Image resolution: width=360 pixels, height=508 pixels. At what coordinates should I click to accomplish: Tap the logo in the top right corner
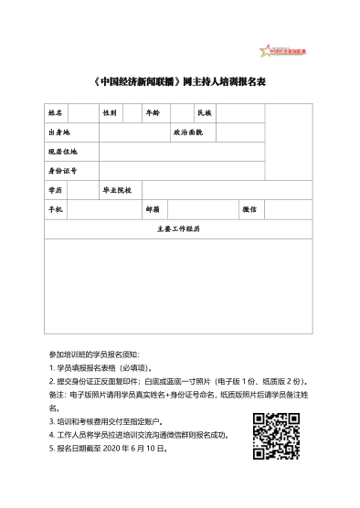click(280, 48)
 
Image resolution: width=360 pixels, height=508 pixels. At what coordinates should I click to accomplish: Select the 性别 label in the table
click(110, 113)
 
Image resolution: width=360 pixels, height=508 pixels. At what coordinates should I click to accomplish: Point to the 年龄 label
click(153, 113)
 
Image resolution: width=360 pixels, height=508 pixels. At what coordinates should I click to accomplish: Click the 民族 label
click(204, 113)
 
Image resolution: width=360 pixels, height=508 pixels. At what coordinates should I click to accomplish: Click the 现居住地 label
click(62, 152)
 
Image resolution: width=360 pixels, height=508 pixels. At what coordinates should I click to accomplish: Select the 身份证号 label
click(62, 170)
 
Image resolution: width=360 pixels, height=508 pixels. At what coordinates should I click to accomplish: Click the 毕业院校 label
click(117, 190)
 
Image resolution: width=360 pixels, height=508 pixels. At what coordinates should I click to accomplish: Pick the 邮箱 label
click(153, 209)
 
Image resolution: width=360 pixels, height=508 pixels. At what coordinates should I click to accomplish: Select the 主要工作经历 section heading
click(178, 228)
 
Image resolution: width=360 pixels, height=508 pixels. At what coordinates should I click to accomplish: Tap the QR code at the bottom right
click(276, 434)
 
